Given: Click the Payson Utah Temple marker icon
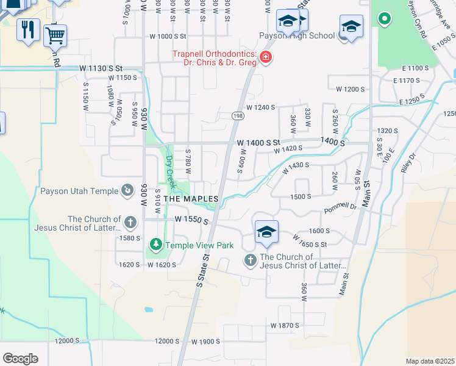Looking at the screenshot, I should click(127, 191).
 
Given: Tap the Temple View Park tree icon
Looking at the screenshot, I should click(156, 245).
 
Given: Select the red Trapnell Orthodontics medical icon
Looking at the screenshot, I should click(265, 58).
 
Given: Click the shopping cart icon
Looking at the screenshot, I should click(55, 36).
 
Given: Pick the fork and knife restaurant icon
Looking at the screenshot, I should click(27, 29).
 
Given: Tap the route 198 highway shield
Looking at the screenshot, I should click(238, 115).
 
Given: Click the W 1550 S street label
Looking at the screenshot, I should click(191, 218).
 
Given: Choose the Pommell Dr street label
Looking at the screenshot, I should click(340, 207).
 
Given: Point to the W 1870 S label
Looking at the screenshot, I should click(285, 326).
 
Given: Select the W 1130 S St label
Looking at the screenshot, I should click(101, 68).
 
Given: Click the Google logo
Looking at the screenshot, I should click(20, 358).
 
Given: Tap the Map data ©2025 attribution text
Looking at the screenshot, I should click(430, 361).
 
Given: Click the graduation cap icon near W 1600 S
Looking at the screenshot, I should click(266, 232).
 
